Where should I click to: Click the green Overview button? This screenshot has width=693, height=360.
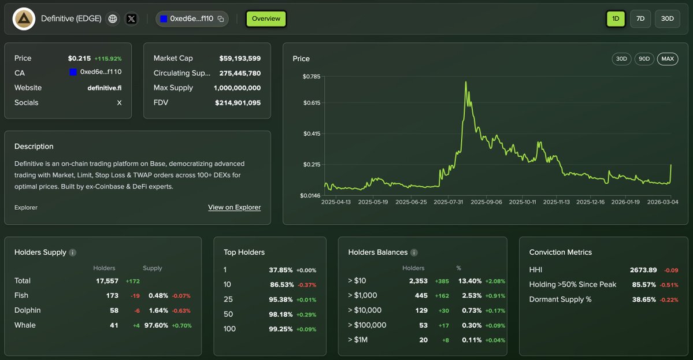click(x=266, y=18)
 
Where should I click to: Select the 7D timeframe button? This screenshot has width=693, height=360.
click(x=640, y=18)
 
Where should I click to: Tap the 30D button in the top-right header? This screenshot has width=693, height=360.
click(x=667, y=18)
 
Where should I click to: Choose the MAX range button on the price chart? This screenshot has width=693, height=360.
click(x=668, y=59)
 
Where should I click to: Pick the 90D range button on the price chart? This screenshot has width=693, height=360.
click(x=644, y=59)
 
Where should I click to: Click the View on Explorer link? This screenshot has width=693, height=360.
click(x=234, y=207)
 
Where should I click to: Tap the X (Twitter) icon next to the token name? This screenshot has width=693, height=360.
click(x=132, y=19)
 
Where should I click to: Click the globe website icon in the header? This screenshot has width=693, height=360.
click(x=113, y=19)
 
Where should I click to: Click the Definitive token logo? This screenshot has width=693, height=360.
click(x=24, y=19)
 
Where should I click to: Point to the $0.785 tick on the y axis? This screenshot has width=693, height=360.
click(x=312, y=76)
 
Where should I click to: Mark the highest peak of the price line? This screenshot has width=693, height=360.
click(x=466, y=82)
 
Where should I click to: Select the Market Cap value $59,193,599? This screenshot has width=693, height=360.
click(x=240, y=58)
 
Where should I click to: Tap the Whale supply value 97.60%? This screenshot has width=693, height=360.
click(x=157, y=325)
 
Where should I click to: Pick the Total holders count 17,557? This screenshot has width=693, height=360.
click(x=107, y=281)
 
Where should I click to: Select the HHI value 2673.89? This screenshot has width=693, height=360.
click(x=643, y=270)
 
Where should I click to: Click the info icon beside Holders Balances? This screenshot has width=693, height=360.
click(x=414, y=253)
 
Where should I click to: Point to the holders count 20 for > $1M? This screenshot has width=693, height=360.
click(x=423, y=340)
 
